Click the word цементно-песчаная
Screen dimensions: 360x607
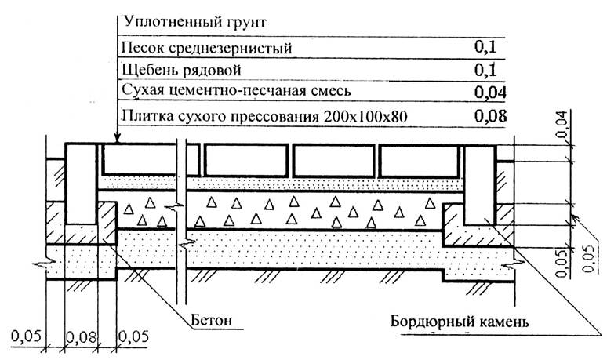228,92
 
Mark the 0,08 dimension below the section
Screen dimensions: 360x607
78,338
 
